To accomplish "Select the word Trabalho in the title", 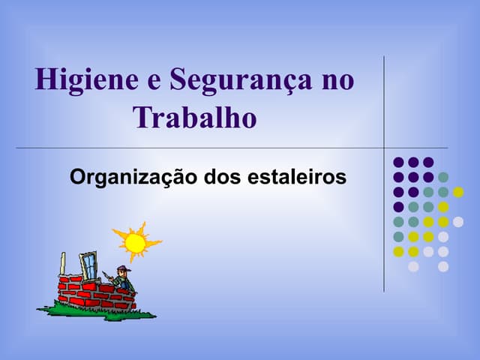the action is click(x=195, y=117).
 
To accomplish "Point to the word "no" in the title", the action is click(x=338, y=82).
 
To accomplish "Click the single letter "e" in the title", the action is click(x=154, y=82).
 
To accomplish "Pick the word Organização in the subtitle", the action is click(x=133, y=178).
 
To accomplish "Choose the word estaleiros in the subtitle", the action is click(x=297, y=177).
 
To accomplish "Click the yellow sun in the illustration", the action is click(x=136, y=243).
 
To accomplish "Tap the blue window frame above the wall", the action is click(x=89, y=265).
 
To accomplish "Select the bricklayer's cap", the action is click(x=124, y=268).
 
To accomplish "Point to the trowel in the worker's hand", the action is click(x=106, y=275).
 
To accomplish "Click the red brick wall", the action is click(x=97, y=292).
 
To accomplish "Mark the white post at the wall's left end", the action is click(x=63, y=263).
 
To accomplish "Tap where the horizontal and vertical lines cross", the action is click(x=384, y=148).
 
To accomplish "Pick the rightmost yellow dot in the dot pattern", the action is click(x=458, y=192).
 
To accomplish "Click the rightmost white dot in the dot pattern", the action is click(x=458, y=222).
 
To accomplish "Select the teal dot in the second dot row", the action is click(x=443, y=177).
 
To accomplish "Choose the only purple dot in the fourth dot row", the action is click(x=398, y=207).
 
